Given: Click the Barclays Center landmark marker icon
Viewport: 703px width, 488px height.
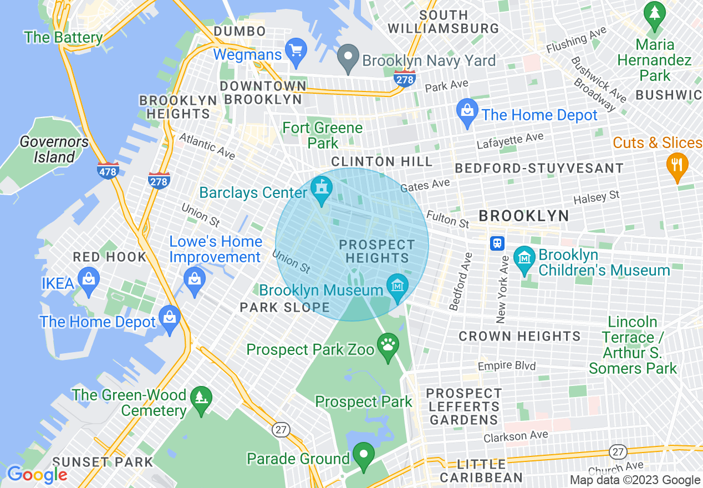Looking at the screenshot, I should pyautogui.click(x=321, y=189).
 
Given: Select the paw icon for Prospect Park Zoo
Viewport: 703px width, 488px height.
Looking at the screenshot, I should pyautogui.click(x=388, y=346).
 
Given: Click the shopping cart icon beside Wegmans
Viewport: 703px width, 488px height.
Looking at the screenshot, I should pyautogui.click(x=296, y=51).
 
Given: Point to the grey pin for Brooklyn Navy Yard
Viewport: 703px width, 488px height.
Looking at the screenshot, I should pyautogui.click(x=348, y=58).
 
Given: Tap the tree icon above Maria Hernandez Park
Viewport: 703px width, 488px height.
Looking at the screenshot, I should pyautogui.click(x=655, y=15).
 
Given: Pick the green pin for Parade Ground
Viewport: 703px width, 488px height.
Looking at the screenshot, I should pyautogui.click(x=364, y=456).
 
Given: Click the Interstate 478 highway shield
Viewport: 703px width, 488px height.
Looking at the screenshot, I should pyautogui.click(x=108, y=170).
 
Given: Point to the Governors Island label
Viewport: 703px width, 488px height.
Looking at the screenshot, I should pyautogui.click(x=54, y=150).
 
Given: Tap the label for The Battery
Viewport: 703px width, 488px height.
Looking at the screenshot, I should pyautogui.click(x=63, y=38).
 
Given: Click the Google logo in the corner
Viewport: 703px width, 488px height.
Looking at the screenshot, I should pyautogui.click(x=37, y=475).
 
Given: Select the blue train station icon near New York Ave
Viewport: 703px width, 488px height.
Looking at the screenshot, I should pyautogui.click(x=497, y=243).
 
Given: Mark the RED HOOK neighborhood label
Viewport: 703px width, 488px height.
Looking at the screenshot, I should pyautogui.click(x=110, y=257).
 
